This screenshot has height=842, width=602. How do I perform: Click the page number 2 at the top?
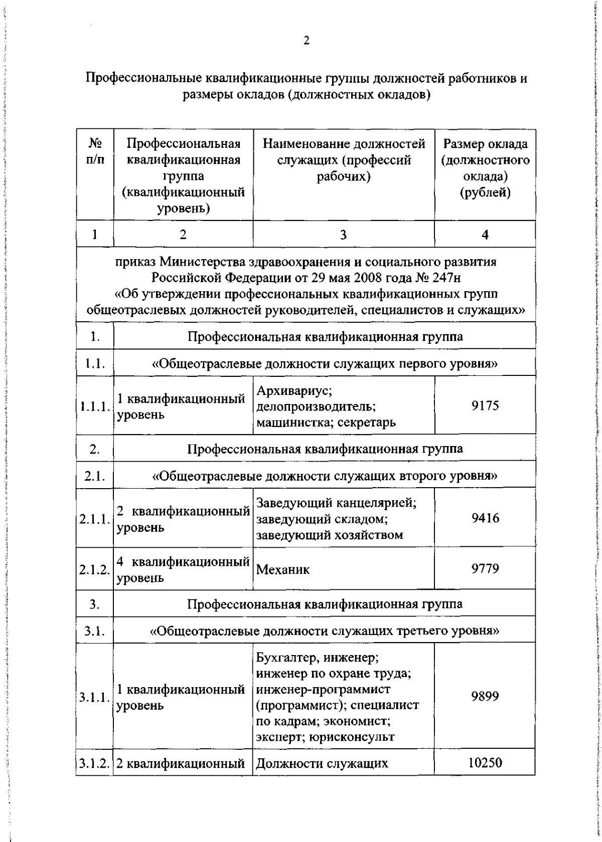[306, 41]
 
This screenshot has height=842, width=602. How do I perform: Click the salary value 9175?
[485, 405]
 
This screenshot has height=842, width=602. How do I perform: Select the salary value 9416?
[485, 518]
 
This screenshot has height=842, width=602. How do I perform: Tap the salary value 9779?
[485, 568]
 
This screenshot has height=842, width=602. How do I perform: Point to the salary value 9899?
[485, 696]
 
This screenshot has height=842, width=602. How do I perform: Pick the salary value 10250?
[485, 777]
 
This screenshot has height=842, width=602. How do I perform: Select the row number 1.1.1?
[95, 406]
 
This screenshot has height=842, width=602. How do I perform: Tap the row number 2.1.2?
[94, 569]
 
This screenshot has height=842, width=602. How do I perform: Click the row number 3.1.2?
[94, 778]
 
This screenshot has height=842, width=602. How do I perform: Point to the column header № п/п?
[95, 152]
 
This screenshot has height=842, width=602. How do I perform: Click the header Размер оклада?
[485, 144]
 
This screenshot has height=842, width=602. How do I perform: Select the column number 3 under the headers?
[343, 235]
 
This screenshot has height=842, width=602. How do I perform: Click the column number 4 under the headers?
[485, 235]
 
